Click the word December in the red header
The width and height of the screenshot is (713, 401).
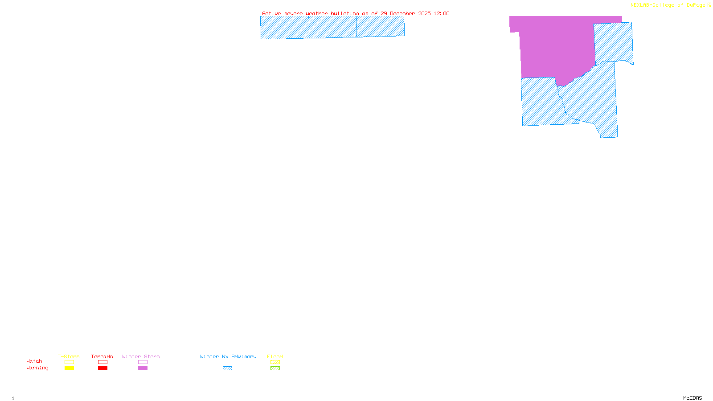(x=402, y=13)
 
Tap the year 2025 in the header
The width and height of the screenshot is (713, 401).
(x=424, y=13)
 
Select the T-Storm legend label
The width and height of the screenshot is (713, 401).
(x=69, y=356)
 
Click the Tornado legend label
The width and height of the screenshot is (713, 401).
(x=102, y=356)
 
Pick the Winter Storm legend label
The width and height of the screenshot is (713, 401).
(x=141, y=356)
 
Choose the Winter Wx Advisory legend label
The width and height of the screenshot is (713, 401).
(x=228, y=356)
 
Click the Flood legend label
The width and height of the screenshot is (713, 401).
(x=275, y=356)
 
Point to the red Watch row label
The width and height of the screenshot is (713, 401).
(x=34, y=361)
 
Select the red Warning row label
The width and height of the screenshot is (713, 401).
(x=37, y=368)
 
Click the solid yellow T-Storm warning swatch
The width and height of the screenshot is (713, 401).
(x=69, y=368)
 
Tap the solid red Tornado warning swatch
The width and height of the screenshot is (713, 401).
(x=102, y=368)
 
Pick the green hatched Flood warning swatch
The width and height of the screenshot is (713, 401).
(x=275, y=368)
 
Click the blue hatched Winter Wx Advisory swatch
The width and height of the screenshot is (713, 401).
(x=227, y=368)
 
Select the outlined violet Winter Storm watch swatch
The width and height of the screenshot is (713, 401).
(x=143, y=362)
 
